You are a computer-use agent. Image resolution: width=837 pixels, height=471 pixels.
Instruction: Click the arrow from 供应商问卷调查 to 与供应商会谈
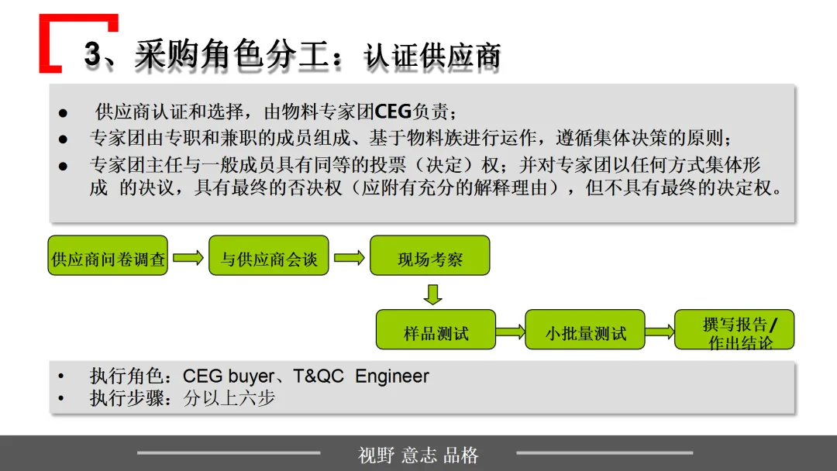pyautogui.click(x=188, y=257)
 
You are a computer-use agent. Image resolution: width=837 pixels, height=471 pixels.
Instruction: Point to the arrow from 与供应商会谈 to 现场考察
pyautogui.click(x=349, y=257)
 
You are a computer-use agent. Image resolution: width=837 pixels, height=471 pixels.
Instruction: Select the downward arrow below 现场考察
pyautogui.click(x=433, y=294)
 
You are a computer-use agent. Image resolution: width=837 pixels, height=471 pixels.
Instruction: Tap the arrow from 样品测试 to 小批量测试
pyautogui.click(x=510, y=332)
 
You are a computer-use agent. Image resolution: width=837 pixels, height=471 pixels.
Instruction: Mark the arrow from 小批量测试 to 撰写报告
pyautogui.click(x=660, y=332)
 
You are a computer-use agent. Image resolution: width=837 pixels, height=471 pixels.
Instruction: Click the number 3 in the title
pyautogui.click(x=93, y=54)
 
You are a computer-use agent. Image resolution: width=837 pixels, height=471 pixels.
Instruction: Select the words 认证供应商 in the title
pyautogui.click(x=432, y=56)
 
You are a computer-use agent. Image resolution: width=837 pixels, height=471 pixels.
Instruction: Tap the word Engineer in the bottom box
pyautogui.click(x=391, y=376)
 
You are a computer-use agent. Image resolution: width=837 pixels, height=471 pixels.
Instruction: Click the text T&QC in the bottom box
pyautogui.click(x=319, y=376)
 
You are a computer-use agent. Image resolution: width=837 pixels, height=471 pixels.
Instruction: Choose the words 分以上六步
pyautogui.click(x=229, y=399)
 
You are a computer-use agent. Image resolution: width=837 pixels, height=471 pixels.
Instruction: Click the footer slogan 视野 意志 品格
pyautogui.click(x=418, y=455)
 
